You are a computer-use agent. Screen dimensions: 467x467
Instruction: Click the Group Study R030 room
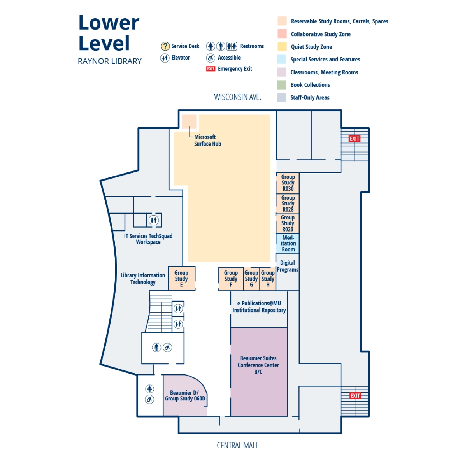pos(288,183)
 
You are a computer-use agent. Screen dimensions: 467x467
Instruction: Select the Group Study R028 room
pos(288,204)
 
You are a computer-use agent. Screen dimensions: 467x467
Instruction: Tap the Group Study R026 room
pos(288,223)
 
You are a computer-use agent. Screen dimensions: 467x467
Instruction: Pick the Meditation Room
pos(288,243)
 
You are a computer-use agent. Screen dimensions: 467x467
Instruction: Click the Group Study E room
pos(181,279)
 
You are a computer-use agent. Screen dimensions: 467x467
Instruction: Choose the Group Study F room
pos(231,279)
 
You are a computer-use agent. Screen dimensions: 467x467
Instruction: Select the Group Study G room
pos(251,279)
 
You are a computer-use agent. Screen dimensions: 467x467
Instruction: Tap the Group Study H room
pos(268,279)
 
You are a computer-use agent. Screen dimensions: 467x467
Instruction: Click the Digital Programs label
pos(288,266)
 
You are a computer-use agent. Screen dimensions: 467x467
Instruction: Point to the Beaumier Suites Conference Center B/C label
pos(258,365)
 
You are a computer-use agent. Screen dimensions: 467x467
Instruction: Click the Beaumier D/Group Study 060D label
pos(185,395)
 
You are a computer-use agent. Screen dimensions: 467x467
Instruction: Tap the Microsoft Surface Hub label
pos(207,140)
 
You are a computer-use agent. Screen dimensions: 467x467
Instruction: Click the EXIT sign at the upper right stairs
pos(355,139)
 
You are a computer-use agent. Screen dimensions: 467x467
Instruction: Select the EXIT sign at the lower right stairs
pos(355,396)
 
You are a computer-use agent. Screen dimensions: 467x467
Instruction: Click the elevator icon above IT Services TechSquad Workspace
pos(154,220)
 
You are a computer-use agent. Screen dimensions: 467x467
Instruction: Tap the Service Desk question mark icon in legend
pos(165,46)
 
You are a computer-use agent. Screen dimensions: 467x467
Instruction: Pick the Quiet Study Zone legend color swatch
pos(282,47)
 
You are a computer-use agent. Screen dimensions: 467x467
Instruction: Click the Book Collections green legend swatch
pos(282,85)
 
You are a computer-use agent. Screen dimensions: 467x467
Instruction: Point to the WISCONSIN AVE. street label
pos(237,97)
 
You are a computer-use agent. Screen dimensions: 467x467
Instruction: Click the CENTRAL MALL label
pos(237,446)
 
